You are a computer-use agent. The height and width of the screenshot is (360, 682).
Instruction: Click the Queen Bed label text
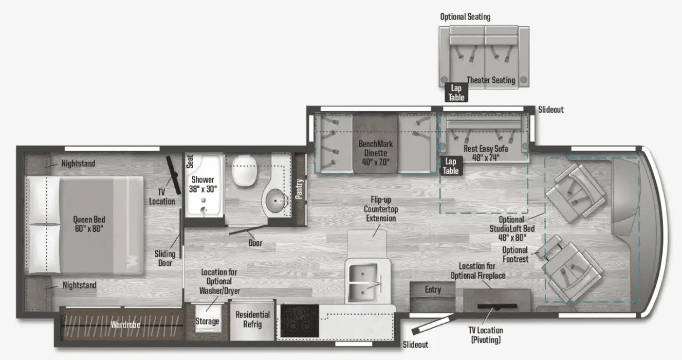89,224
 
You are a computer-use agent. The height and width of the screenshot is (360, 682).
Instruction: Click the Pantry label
299,189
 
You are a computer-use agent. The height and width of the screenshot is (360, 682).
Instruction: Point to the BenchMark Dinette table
375,142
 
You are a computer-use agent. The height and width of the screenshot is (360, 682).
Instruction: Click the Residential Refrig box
252,319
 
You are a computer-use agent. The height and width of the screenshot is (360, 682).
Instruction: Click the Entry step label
433,290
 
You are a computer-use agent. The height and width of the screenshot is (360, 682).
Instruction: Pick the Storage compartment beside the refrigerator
207,321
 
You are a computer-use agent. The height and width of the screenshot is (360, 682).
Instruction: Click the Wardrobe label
125,325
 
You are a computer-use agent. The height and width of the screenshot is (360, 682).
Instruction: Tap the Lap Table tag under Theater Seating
456,93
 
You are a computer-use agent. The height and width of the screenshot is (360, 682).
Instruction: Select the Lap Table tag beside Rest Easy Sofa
451,166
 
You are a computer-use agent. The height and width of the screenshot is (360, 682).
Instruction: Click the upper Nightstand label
78,164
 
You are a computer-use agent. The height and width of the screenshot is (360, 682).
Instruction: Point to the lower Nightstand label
79,285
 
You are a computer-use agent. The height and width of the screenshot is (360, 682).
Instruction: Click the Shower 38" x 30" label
203,184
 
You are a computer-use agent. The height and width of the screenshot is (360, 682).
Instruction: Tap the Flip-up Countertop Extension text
381,209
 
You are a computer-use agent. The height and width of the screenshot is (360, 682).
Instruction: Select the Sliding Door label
165,258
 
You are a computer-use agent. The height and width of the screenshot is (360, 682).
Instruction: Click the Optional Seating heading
465,17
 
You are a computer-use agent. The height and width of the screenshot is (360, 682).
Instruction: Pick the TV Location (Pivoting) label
486,335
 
